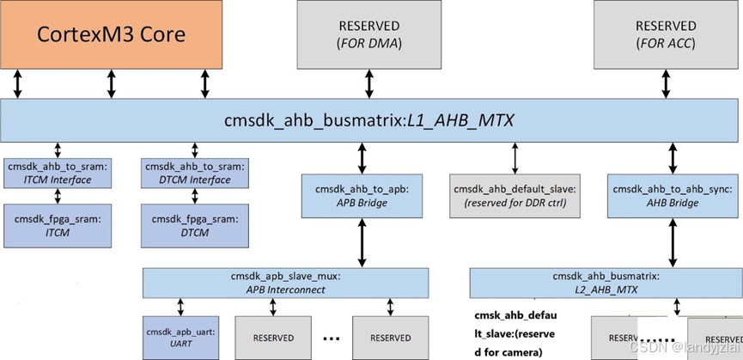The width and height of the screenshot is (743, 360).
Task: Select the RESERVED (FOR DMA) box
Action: pos(369,34)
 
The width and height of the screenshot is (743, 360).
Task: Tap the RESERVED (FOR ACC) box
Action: pos(666,34)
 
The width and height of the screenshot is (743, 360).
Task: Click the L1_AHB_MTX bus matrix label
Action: pos(369,121)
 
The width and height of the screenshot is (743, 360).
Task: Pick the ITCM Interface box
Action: pos(58,173)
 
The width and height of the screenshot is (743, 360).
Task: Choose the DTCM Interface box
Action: pos(195,173)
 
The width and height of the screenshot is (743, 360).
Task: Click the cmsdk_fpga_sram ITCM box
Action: pos(58,225)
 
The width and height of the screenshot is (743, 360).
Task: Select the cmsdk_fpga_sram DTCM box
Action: pos(195,225)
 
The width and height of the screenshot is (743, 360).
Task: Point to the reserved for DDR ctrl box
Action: pos(515,195)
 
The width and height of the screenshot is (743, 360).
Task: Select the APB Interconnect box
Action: pos(285,283)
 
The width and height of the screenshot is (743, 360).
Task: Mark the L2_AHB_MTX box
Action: pos(606,283)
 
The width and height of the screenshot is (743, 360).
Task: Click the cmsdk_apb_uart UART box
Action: pos(180,338)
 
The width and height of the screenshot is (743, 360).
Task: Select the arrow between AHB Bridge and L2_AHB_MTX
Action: pos(674,242)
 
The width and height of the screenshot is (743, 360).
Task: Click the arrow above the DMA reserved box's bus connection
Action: pos(368,84)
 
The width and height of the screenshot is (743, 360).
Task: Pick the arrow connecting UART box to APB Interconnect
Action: pos(180,307)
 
